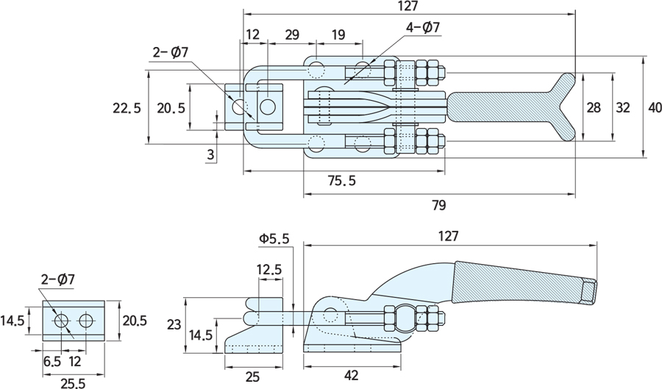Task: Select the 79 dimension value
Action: tap(440, 204)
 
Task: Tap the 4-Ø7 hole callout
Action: tap(422, 28)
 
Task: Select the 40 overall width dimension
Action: tap(654, 107)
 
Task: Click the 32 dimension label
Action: tap(622, 107)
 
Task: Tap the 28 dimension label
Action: tap(593, 107)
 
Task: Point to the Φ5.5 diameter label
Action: tap(274, 238)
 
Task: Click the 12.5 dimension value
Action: tap(269, 270)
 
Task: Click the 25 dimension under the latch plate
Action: tap(252, 376)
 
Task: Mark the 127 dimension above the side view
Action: tap(448, 236)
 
